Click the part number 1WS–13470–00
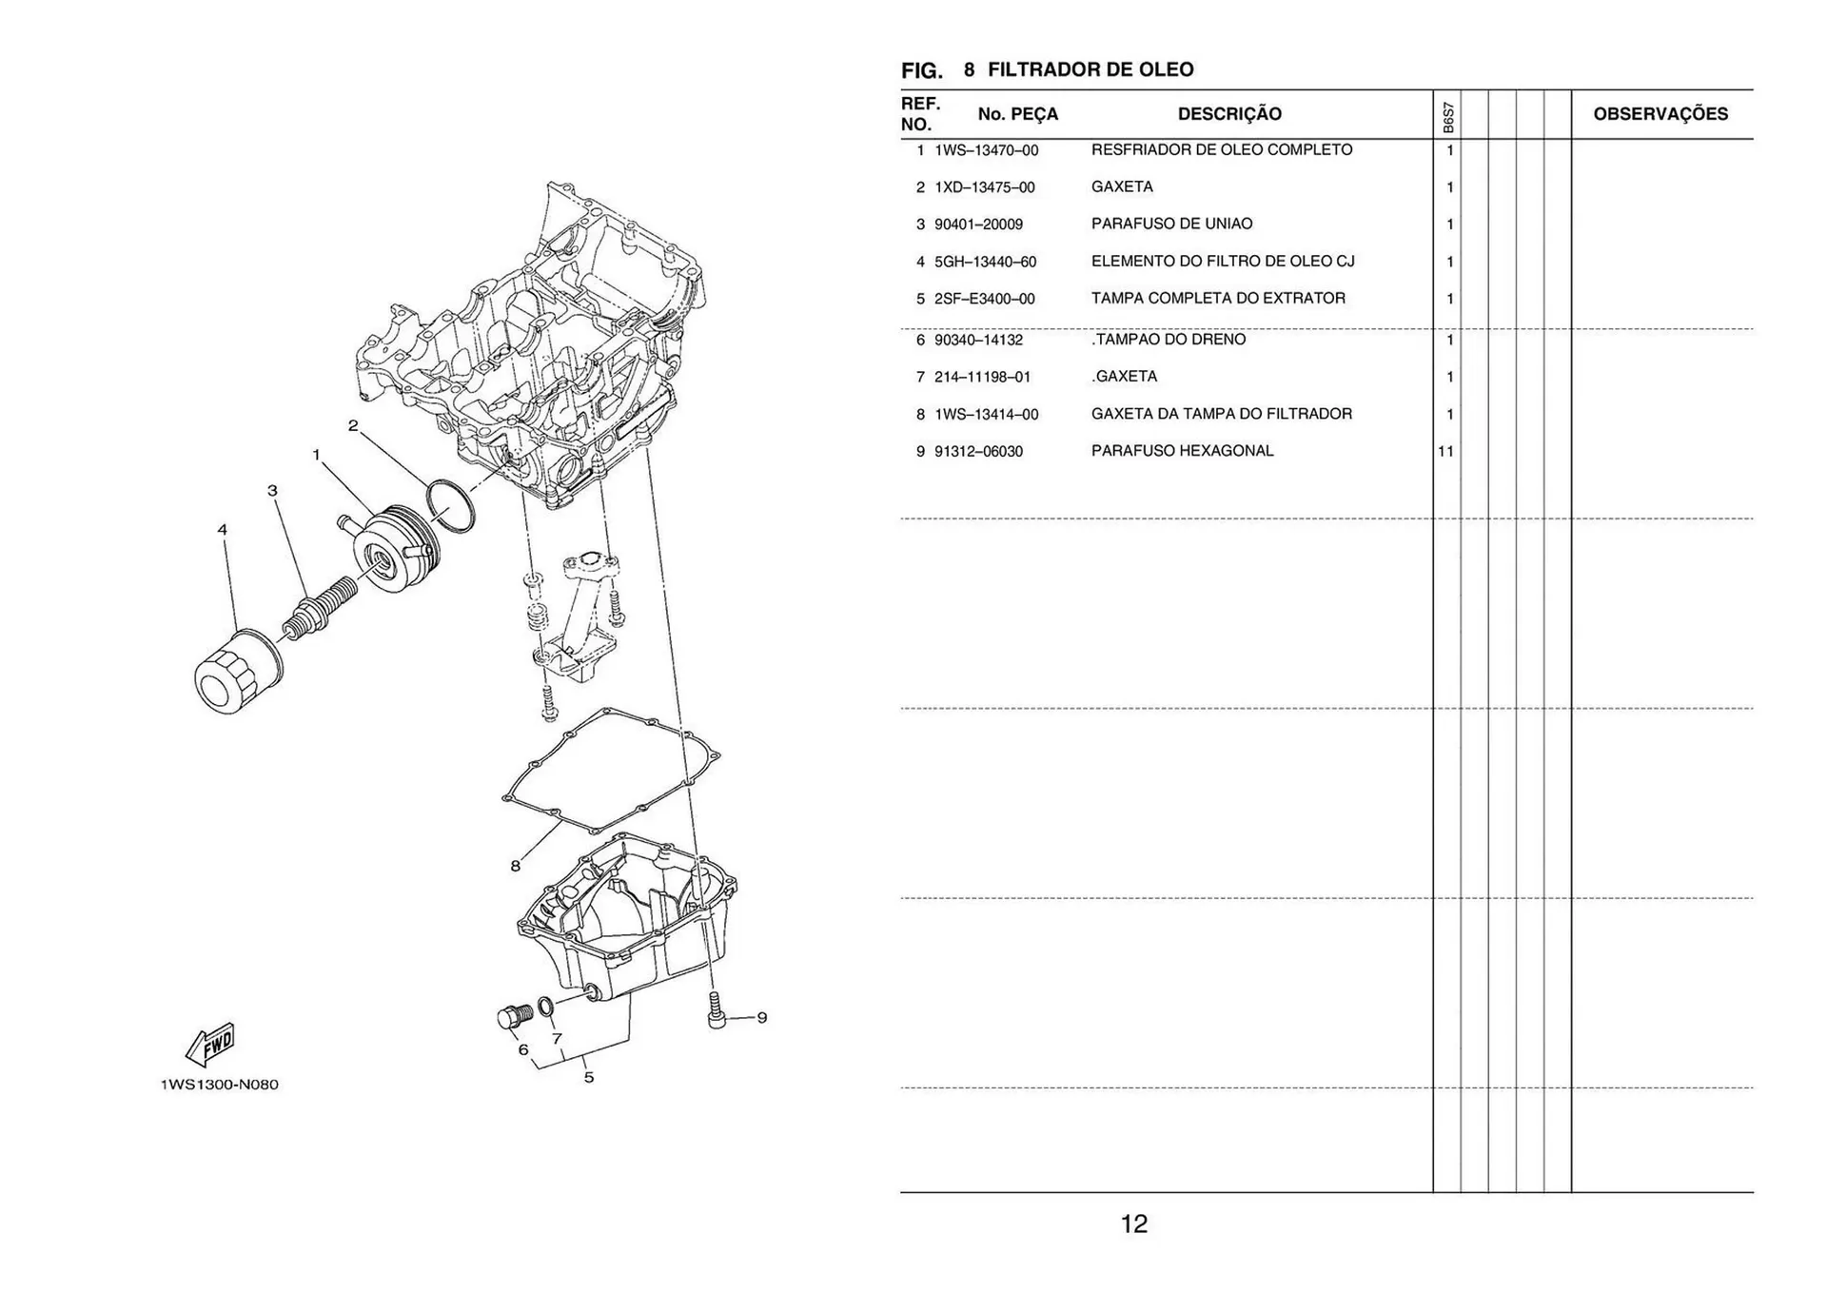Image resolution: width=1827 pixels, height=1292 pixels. (986, 150)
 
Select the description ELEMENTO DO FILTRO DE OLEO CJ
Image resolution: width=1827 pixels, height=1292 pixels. (1222, 261)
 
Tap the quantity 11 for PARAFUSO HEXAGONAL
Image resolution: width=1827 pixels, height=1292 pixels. (1445, 451)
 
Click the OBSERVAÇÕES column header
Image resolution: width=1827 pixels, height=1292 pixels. (1660, 114)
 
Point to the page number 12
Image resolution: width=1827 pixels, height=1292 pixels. (1133, 1223)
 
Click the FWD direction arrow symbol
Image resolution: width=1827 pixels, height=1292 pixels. (210, 1045)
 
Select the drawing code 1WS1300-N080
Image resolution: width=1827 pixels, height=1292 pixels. (220, 1085)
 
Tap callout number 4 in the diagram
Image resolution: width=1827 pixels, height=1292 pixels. (223, 530)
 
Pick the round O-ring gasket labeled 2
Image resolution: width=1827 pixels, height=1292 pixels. (451, 505)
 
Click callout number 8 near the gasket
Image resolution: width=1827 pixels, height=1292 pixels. (515, 866)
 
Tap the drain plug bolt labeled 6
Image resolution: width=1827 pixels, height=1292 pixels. (514, 1017)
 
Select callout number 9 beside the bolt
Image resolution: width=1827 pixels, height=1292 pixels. (761, 1017)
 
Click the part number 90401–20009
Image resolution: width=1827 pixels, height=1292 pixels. (978, 225)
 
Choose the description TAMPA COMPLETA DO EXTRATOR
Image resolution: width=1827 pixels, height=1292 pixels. (1218, 298)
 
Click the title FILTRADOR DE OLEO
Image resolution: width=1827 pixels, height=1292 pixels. (1090, 69)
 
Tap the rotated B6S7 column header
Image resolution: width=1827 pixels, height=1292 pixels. (1447, 118)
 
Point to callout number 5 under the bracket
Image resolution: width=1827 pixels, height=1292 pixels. (589, 1077)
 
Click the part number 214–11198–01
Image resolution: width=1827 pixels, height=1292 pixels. (982, 377)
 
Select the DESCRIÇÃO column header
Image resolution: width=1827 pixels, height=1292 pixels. (1229, 114)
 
